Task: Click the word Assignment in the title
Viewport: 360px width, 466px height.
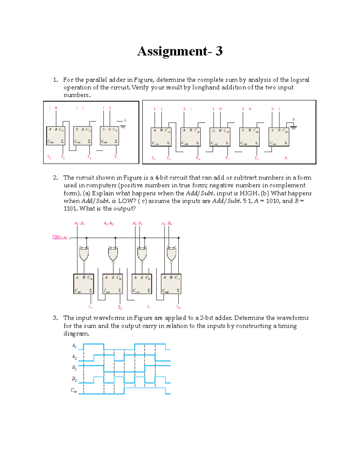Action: coord(172,51)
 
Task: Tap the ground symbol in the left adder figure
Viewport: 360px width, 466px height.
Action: coord(123,126)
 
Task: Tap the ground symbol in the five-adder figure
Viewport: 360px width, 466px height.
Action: coord(293,127)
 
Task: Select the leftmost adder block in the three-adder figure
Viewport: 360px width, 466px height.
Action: coord(56,136)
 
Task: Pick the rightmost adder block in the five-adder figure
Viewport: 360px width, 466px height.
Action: coord(279,137)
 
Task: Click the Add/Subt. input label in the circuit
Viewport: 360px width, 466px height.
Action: coord(59,238)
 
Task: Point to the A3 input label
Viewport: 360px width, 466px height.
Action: coord(76,224)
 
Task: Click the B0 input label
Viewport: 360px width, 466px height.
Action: coord(170,224)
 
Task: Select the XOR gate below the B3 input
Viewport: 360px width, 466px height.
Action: coord(84,254)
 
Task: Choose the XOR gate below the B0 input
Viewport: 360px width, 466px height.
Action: coord(171,254)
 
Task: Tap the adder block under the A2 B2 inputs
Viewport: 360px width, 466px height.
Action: coord(112,284)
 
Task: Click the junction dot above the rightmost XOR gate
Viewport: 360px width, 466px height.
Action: coord(178,238)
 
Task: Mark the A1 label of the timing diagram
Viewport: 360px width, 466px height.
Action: coord(74,346)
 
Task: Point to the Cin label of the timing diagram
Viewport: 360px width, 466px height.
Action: coord(74,390)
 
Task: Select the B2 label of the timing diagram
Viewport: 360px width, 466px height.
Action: coord(74,379)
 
